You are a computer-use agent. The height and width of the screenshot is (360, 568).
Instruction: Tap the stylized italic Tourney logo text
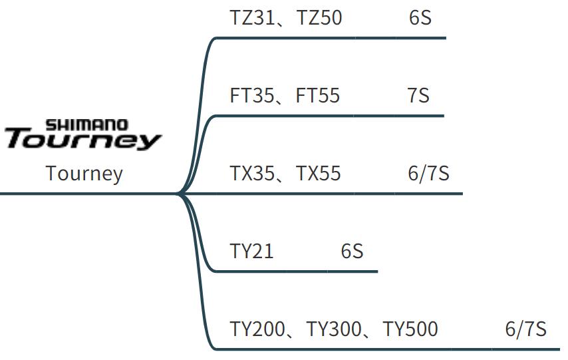(x=83, y=140)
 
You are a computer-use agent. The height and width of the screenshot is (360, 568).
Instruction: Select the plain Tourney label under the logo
(x=84, y=174)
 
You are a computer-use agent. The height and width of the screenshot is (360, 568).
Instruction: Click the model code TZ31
(x=252, y=17)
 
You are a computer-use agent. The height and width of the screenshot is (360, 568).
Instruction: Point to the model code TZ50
(x=319, y=17)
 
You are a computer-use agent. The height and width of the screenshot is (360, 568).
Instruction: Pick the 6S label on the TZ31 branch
(x=420, y=17)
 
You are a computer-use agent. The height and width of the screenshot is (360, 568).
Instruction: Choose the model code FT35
(x=252, y=96)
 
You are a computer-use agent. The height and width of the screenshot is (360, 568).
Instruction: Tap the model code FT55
(x=318, y=96)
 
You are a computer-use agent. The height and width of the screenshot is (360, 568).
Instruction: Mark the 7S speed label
(x=418, y=96)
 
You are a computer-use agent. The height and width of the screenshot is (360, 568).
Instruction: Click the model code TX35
(x=252, y=174)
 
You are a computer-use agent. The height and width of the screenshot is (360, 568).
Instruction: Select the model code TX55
(x=319, y=174)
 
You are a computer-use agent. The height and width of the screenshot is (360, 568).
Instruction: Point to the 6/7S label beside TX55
(x=428, y=174)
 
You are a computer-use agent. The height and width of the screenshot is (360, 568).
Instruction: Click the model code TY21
(x=252, y=252)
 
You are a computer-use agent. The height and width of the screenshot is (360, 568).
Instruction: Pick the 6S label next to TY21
(x=352, y=252)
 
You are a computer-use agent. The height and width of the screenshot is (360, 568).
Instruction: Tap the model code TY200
(x=258, y=329)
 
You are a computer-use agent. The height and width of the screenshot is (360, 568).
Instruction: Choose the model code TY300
(x=335, y=329)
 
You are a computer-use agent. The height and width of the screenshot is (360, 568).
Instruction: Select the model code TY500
(x=411, y=329)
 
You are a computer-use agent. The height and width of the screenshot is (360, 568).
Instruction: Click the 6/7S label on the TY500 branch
(x=525, y=329)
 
